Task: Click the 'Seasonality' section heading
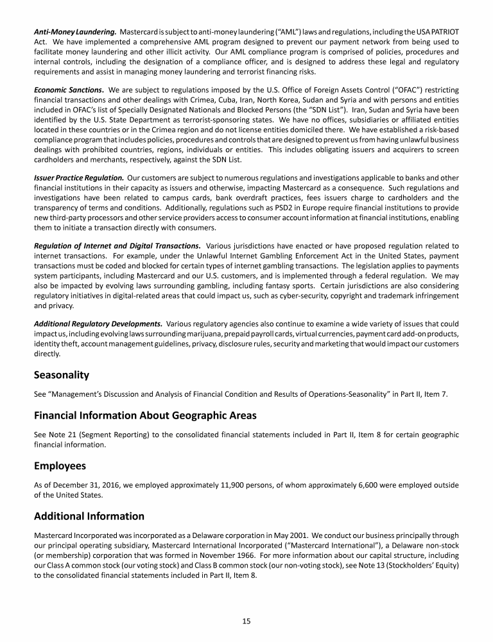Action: click(62, 374)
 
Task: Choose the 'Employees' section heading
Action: click(60, 465)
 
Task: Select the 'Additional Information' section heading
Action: click(89, 516)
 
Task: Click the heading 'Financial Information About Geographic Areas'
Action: click(145, 415)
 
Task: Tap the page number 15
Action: click(246, 621)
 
